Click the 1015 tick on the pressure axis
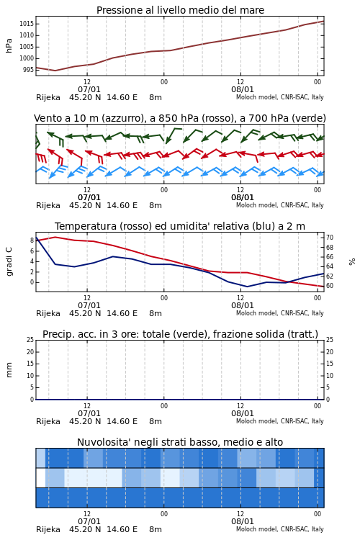26,24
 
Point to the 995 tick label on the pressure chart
27,70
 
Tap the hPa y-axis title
9,46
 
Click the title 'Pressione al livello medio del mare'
180,10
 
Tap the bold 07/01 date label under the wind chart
89,198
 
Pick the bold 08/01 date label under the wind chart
243,198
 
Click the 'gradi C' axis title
9,262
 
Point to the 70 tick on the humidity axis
330,238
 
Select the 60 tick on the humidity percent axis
330,286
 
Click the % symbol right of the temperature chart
352,262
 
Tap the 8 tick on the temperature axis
32,240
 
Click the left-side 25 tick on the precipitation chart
30,340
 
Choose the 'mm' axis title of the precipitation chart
9,370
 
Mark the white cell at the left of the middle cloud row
40,477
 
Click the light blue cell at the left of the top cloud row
40,458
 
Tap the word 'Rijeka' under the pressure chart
48,98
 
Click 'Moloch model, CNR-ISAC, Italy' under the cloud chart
280,529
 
